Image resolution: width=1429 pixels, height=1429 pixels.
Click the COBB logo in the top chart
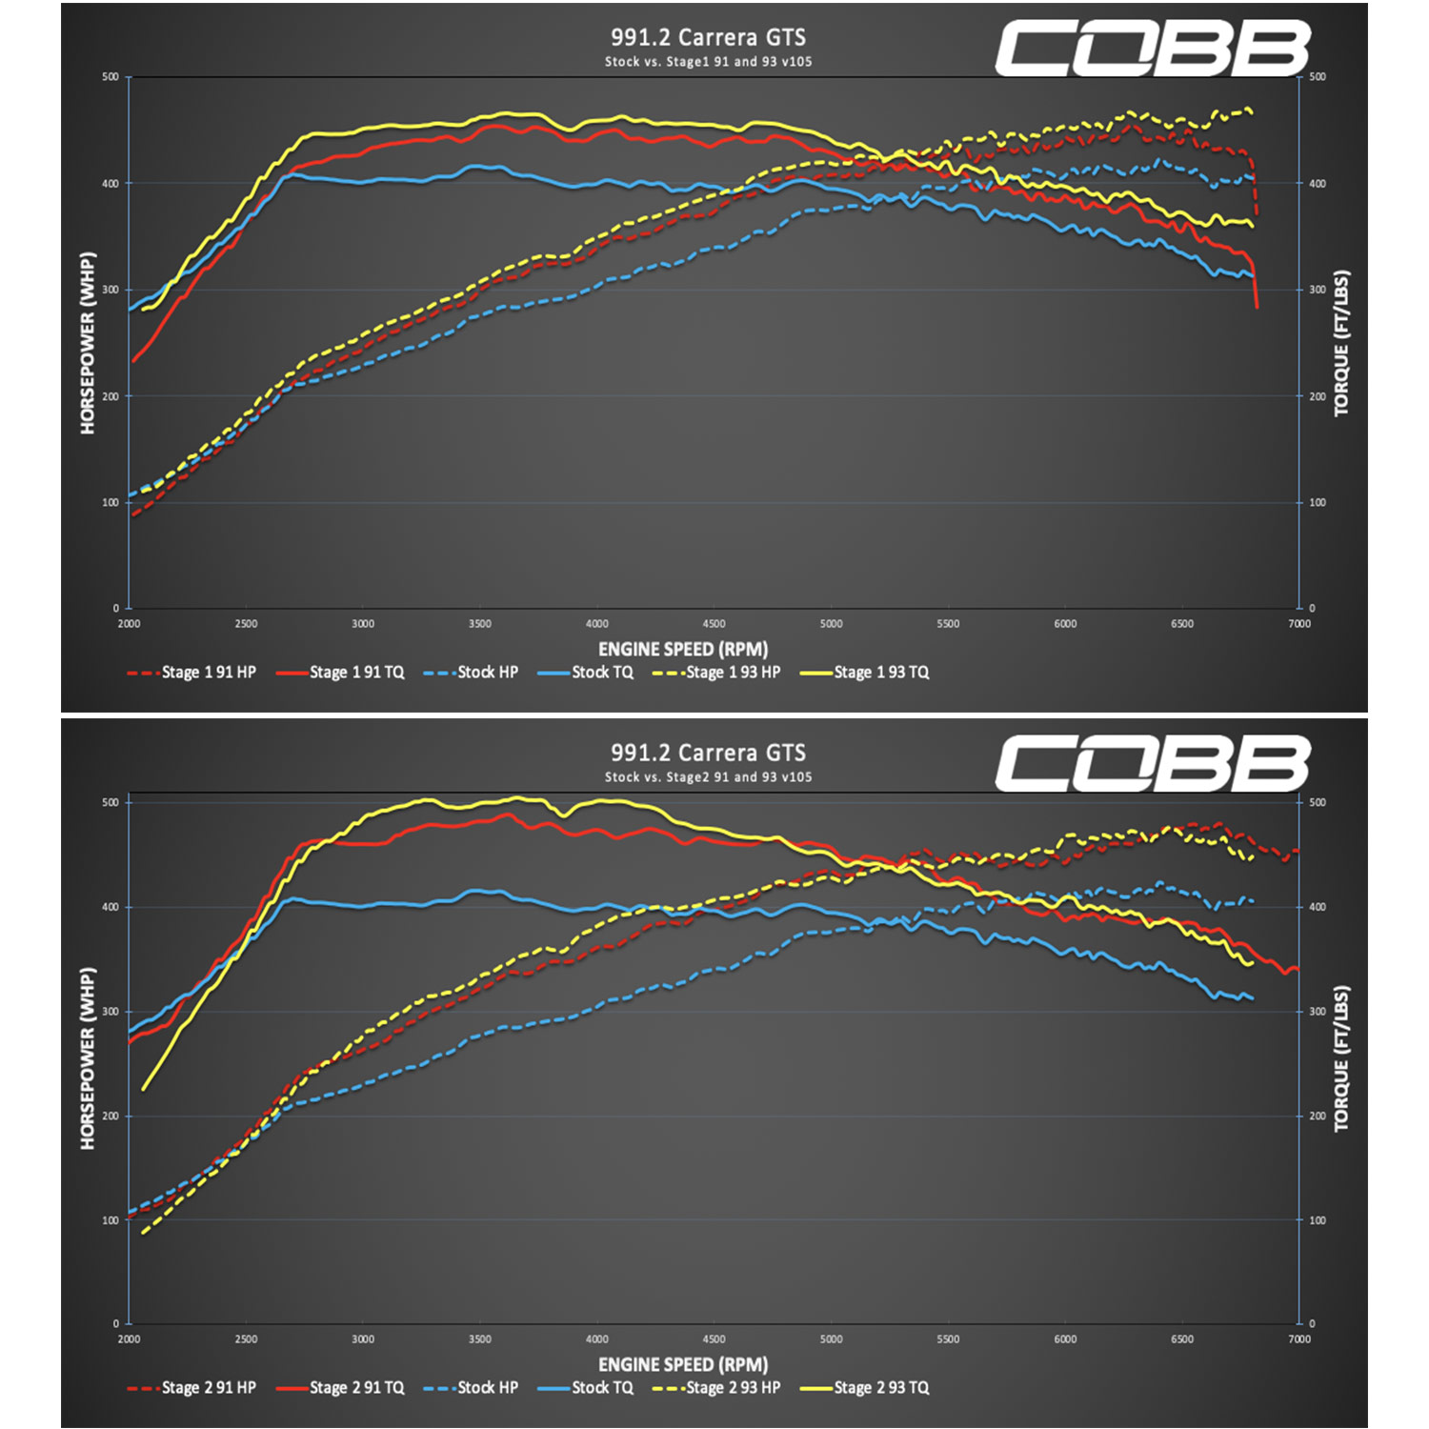(1153, 50)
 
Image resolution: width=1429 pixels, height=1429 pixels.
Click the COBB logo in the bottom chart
(1153, 764)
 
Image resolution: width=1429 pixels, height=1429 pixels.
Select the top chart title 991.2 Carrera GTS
(708, 37)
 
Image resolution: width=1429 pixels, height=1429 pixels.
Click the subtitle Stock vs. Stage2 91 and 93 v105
(708, 777)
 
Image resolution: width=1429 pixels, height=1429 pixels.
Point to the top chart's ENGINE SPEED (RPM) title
(683, 650)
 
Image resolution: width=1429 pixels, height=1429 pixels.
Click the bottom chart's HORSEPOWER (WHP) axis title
(88, 1058)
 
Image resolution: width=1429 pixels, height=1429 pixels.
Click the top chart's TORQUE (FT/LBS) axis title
(1341, 343)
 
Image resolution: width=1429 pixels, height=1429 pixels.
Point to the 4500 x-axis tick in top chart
(714, 624)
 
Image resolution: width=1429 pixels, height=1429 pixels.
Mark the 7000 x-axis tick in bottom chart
(1299, 1339)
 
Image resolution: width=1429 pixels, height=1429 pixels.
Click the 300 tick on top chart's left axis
(111, 290)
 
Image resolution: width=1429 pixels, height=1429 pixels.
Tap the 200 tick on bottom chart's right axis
(1318, 1116)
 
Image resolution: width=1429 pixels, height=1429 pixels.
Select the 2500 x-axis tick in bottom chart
(246, 1339)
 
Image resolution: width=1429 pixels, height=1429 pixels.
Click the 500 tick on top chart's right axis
(1318, 77)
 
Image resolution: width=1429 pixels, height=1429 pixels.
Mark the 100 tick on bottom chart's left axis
(111, 1220)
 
